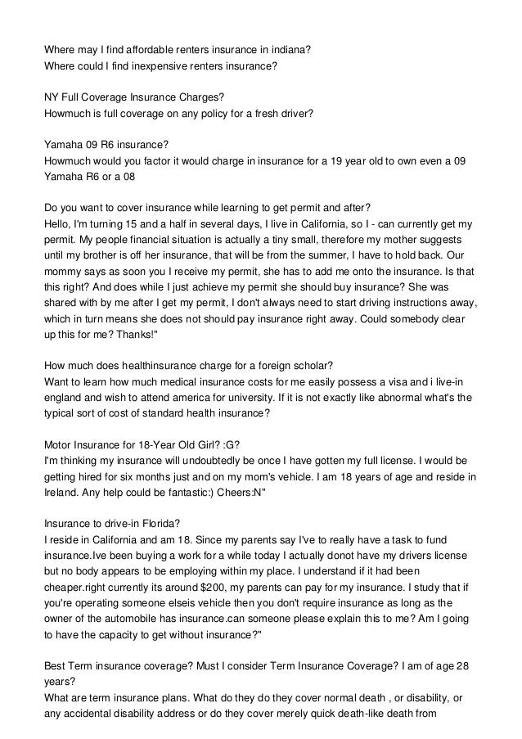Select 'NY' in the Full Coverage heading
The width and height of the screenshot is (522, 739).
(52, 96)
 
